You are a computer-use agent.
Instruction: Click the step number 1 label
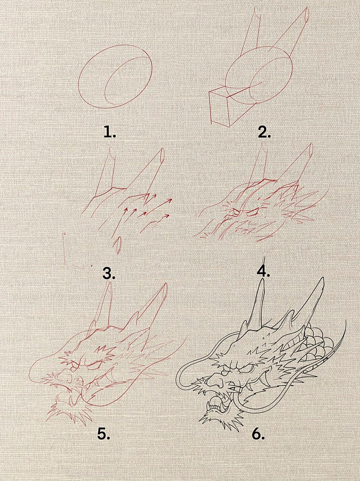(110, 132)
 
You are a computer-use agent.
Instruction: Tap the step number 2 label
(264, 132)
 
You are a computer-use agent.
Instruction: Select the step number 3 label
(109, 273)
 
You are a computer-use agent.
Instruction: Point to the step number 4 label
(263, 271)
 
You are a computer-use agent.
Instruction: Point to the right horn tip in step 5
(165, 286)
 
